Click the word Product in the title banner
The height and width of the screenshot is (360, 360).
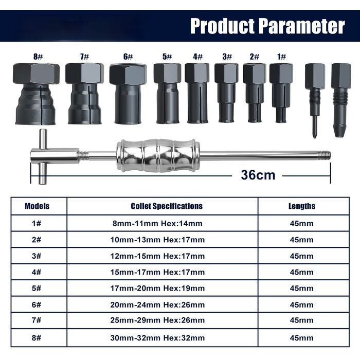(222, 26)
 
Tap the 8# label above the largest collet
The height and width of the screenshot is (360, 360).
(38, 56)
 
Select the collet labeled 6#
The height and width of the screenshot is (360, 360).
(128, 94)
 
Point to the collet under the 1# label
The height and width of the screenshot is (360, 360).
(281, 93)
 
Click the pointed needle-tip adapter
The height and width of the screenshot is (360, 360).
(315, 101)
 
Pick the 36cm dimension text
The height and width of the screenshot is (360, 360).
(258, 175)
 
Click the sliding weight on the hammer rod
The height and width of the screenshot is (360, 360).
(158, 155)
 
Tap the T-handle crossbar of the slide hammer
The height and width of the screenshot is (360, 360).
(43, 157)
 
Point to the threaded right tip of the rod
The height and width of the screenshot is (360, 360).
(325, 154)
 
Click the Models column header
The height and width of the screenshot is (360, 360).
(37, 206)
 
